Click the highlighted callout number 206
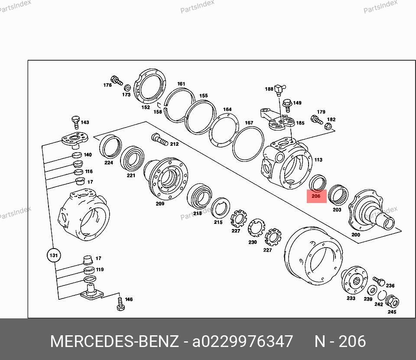(x=316, y=196)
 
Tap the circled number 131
(x=54, y=255)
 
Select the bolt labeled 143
(x=75, y=122)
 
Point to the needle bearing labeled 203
(x=338, y=195)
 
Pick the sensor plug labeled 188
(x=279, y=90)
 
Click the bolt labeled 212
(x=159, y=140)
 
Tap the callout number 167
(x=249, y=123)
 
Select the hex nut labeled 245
(x=392, y=301)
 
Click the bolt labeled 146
(x=120, y=304)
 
